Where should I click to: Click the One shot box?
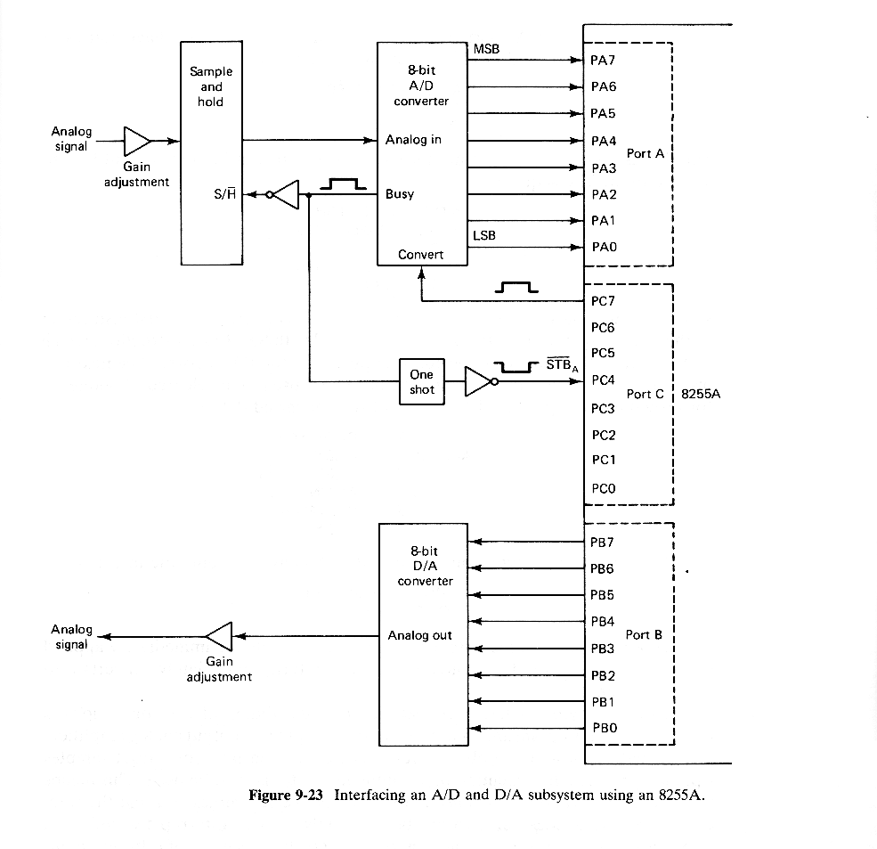pos(422,382)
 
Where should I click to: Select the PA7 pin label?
pos(603,61)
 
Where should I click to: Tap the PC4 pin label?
pos(603,380)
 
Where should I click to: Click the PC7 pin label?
pos(603,301)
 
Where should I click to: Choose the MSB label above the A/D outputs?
pos(486,49)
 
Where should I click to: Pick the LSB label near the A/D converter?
pos(484,235)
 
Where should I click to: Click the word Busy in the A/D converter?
pos(399,194)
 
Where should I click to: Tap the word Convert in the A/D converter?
pos(420,255)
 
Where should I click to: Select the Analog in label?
pos(413,140)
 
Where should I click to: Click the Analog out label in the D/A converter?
pos(419,635)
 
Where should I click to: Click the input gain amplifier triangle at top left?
pos(136,141)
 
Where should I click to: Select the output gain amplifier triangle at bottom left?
pos(219,636)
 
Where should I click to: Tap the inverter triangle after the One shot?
pos(479,382)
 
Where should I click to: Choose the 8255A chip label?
pos(700,394)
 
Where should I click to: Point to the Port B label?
pos(644,634)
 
